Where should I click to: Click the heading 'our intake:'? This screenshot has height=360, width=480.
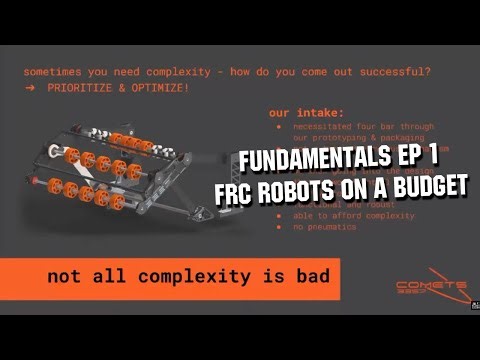click(299, 113)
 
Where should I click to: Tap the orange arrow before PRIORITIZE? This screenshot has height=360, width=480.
click(29, 88)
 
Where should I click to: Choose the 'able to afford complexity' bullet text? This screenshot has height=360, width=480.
click(340, 215)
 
